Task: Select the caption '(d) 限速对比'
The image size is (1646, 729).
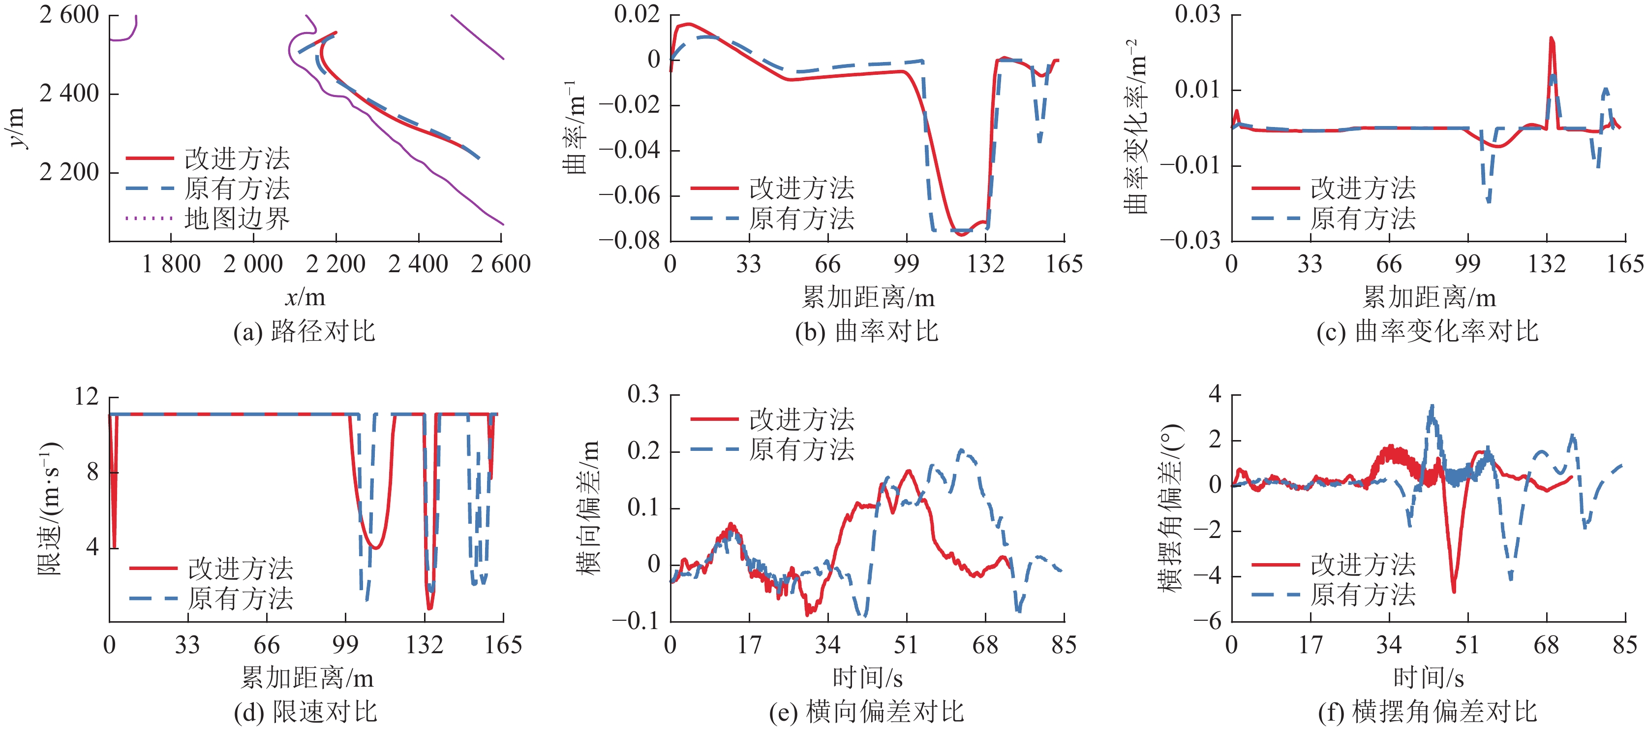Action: click(x=305, y=712)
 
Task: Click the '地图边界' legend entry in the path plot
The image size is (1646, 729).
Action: click(x=237, y=219)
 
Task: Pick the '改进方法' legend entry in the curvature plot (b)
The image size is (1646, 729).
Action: click(x=801, y=189)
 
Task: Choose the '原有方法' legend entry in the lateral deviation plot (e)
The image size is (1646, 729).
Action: click(x=801, y=449)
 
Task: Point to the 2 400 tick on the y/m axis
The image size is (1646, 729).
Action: click(x=70, y=94)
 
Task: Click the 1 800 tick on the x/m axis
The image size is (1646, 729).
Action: click(x=171, y=263)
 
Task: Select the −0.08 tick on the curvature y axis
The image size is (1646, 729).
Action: click(x=629, y=240)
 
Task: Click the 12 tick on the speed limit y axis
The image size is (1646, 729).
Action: click(x=87, y=396)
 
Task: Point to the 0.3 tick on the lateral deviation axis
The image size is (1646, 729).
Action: click(x=643, y=395)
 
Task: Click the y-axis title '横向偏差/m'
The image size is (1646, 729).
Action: click(x=588, y=508)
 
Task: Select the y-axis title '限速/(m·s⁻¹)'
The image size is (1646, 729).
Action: click(x=49, y=508)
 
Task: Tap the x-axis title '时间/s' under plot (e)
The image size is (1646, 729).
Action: click(x=867, y=677)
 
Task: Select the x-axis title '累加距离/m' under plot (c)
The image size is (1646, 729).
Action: click(x=1429, y=297)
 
